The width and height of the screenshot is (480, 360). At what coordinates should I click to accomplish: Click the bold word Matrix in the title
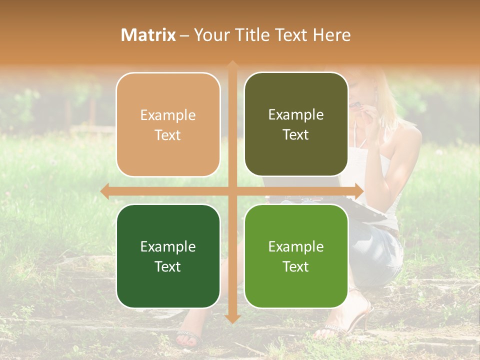(x=148, y=35)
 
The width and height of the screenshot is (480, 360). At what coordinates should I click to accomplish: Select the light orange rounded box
(x=168, y=124)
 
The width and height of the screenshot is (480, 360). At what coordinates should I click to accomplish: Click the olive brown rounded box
(x=296, y=124)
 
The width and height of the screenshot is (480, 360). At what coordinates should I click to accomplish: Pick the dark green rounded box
(x=168, y=256)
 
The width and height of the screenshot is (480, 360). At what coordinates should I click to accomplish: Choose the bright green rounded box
(x=296, y=256)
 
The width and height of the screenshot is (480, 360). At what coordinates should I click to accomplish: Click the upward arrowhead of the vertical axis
(x=232, y=65)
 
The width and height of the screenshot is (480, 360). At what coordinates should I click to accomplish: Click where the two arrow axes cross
(x=232, y=191)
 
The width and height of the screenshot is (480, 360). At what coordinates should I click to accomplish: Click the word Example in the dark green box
(x=168, y=246)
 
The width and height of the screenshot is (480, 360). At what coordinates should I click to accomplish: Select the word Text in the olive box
(x=296, y=135)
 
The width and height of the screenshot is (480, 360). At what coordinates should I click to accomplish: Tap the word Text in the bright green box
(x=296, y=266)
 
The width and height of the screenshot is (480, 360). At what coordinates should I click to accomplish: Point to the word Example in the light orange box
(x=168, y=115)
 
